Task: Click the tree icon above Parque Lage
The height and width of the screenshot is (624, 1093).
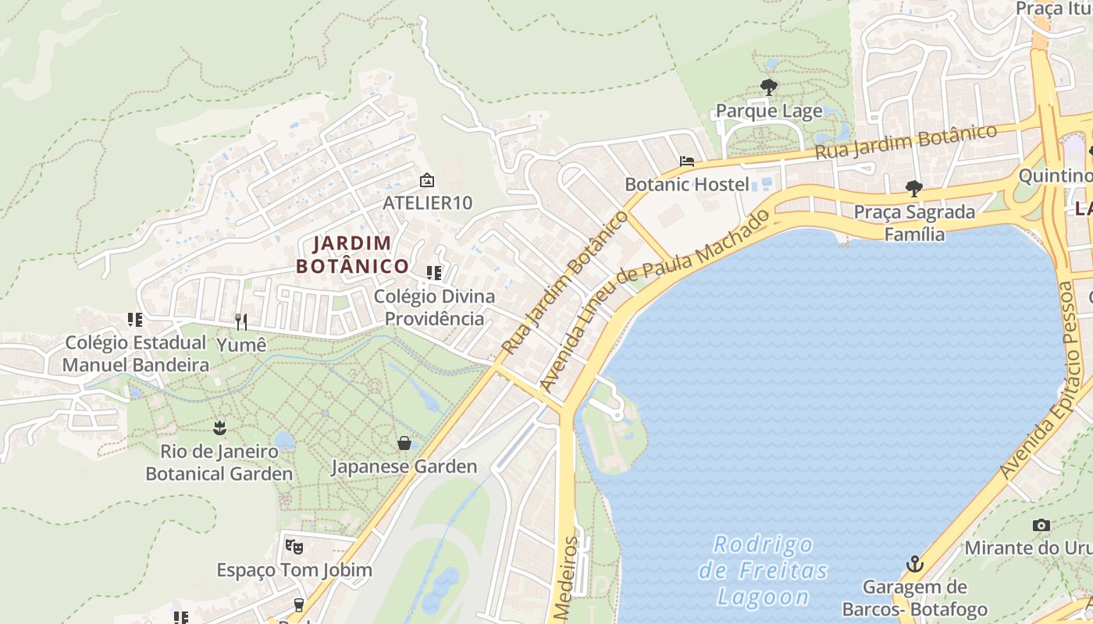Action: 769,87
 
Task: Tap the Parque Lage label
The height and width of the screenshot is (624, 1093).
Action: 769,112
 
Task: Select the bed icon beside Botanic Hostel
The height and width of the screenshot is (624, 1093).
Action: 687,161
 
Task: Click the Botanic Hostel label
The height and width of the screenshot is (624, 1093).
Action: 687,185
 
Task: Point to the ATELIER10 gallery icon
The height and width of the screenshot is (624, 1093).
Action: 427,180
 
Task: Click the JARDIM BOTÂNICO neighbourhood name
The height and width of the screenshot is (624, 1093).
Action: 352,255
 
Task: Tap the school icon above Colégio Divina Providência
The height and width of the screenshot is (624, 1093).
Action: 434,273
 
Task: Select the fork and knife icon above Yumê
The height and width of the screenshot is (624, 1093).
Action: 241,321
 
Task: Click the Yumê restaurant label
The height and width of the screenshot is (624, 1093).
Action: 241,344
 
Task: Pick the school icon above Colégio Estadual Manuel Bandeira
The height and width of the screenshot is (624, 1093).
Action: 135,320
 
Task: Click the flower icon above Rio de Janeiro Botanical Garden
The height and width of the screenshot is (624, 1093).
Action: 219,427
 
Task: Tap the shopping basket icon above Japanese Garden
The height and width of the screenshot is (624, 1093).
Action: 404,443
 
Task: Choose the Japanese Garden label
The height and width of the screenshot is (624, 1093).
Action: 404,466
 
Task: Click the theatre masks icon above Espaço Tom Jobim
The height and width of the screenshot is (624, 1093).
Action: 294,546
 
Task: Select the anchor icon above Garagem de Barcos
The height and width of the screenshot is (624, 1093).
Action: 914,563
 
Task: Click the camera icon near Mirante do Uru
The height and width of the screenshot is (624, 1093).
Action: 1041,525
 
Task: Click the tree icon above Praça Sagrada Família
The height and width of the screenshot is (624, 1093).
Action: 913,188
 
